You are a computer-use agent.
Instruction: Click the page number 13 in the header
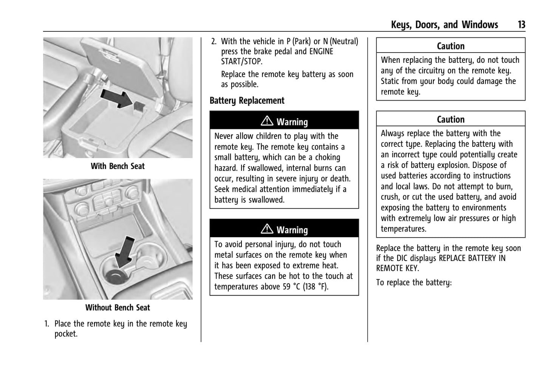[521, 25]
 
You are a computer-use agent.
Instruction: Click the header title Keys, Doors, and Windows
[444, 25]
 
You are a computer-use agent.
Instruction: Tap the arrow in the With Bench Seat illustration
[117, 98]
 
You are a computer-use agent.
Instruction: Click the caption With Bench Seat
[118, 166]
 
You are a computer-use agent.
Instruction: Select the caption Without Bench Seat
[118, 308]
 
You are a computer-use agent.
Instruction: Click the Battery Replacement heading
[247, 101]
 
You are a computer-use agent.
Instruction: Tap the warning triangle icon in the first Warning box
[267, 121]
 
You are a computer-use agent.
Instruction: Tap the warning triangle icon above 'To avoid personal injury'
[267, 229]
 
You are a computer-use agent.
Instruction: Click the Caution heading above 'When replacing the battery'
[450, 46]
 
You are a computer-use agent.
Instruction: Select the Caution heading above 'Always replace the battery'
[450, 120]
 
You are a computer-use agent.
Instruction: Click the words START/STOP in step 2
[241, 62]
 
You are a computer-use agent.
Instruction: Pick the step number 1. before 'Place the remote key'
[47, 324]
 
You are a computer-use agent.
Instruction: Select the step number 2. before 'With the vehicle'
[214, 42]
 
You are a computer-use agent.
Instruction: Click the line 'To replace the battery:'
[414, 283]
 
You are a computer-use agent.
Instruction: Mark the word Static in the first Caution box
[391, 81]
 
